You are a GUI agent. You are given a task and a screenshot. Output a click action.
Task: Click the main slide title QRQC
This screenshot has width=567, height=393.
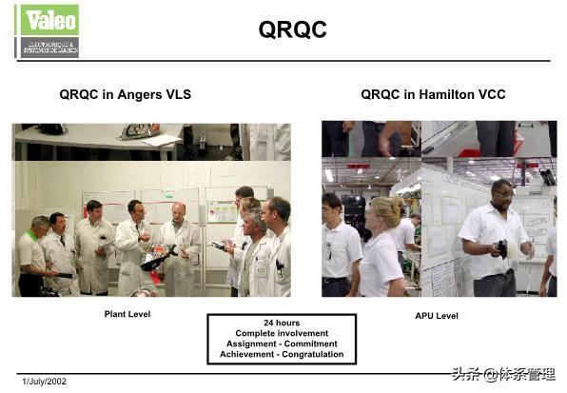[x=293, y=30]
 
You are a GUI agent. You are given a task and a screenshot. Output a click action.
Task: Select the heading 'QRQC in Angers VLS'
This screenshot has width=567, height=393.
[x=125, y=94]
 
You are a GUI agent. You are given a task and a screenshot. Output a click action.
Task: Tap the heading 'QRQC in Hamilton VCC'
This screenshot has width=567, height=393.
[x=433, y=94]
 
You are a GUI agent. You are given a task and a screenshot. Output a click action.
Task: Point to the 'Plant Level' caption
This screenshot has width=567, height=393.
[x=127, y=314]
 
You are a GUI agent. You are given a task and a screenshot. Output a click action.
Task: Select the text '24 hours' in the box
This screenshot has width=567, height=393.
[x=282, y=323]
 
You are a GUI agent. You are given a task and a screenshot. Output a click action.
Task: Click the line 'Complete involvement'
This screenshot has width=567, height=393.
[x=282, y=333]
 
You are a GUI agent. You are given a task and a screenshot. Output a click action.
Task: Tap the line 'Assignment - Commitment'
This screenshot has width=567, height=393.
[x=282, y=344]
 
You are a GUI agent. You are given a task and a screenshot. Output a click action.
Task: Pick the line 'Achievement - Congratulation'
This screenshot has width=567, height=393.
[x=282, y=354]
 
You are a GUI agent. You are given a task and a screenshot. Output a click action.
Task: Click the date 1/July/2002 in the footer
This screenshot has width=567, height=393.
[x=45, y=382]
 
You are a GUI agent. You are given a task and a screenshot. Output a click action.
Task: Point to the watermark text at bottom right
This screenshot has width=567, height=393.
[x=503, y=374]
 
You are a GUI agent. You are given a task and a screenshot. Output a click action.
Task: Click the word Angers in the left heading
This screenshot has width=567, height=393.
[x=133, y=94]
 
